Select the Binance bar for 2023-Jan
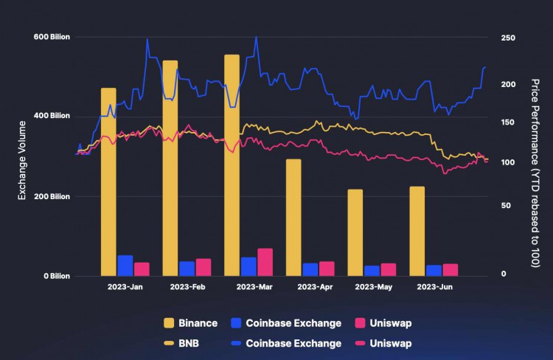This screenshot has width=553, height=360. click(x=108, y=181)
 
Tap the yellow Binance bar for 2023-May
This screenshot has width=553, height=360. click(x=355, y=232)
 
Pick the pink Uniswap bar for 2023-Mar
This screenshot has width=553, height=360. click(x=265, y=262)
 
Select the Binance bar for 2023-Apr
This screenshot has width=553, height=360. click(x=293, y=217)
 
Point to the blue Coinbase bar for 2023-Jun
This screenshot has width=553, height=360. click(x=434, y=270)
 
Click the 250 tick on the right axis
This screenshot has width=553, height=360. click(x=508, y=38)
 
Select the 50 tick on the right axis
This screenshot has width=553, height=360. click(x=505, y=206)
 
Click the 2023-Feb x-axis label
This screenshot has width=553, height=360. click(x=187, y=286)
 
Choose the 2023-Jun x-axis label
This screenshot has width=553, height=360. click(x=434, y=286)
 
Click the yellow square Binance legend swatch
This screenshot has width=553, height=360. click(x=169, y=323)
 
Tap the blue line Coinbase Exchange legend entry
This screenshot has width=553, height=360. click(x=285, y=343)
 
